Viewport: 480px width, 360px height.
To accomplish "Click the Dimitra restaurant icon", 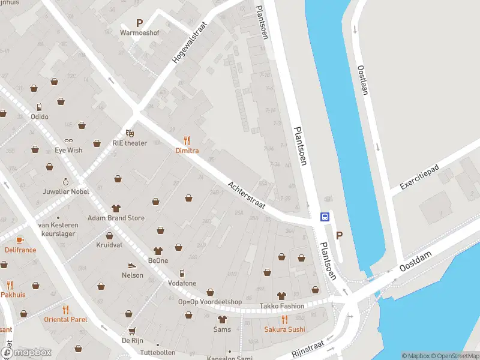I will [187, 140].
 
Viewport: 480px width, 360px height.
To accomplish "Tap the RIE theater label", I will [129, 143].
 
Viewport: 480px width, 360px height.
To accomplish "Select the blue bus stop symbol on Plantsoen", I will [325, 217].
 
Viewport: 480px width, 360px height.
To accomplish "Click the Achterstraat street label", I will [247, 195].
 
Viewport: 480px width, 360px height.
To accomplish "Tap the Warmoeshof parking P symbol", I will [139, 23].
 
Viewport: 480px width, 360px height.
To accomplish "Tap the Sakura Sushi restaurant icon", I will [284, 319].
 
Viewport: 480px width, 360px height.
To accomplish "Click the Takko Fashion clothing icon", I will [281, 296].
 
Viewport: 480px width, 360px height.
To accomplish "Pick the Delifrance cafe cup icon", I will [20, 239].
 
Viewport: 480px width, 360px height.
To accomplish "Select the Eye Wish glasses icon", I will [68, 140].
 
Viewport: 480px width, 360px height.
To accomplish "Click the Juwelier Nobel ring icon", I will [65, 181].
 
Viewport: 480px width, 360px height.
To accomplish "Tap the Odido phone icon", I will [40, 107].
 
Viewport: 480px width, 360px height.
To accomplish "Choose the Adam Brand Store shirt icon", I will [116, 208].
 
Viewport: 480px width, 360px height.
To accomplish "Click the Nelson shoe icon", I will [132, 265].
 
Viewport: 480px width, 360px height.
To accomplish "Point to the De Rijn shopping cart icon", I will [131, 330].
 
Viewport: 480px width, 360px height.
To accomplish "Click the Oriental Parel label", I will [65, 319].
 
